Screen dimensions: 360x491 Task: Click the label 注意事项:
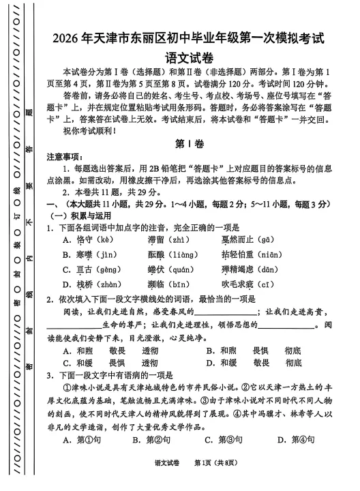tap(64, 156)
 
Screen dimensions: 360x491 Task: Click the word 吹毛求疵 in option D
tap(243, 285)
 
